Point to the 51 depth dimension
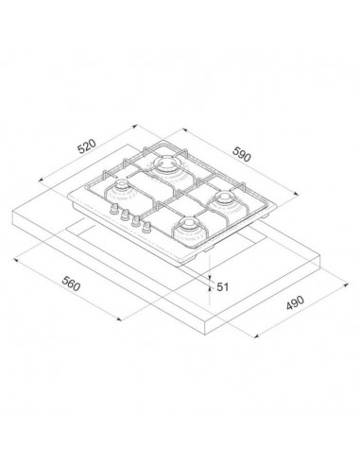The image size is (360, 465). coord(224,286)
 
